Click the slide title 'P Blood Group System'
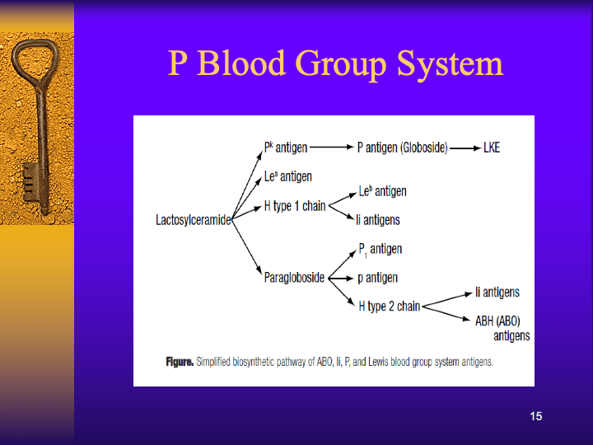[335, 63]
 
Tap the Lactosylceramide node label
[193, 220]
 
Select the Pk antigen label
[285, 148]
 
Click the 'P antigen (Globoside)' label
[402, 148]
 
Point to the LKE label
[492, 148]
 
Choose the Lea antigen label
[287, 176]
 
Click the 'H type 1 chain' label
[295, 206]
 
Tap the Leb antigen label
[382, 191]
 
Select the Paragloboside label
[294, 278]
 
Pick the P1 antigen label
[380, 250]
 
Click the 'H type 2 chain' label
[389, 307]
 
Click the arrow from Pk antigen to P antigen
[332, 148]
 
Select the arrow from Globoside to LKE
[465, 148]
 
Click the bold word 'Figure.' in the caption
[179, 362]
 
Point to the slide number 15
[536, 416]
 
